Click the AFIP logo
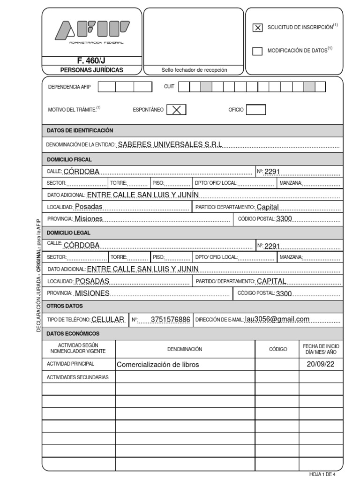point(92,31)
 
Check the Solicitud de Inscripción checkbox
point(257,28)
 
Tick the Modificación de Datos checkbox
point(257,51)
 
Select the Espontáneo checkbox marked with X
point(176,110)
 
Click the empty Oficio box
point(255,110)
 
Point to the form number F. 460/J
point(91,60)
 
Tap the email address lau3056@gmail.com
point(277,319)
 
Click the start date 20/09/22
point(321,364)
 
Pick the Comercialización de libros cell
point(157,365)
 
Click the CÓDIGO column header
point(277,349)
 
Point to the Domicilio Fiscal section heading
point(69,159)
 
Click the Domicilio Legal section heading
point(69,232)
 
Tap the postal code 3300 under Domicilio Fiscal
point(285,218)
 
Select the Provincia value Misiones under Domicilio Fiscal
point(89,218)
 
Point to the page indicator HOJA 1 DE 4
point(322,474)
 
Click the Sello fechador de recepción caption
point(194,70)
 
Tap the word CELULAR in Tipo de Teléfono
point(108,320)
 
